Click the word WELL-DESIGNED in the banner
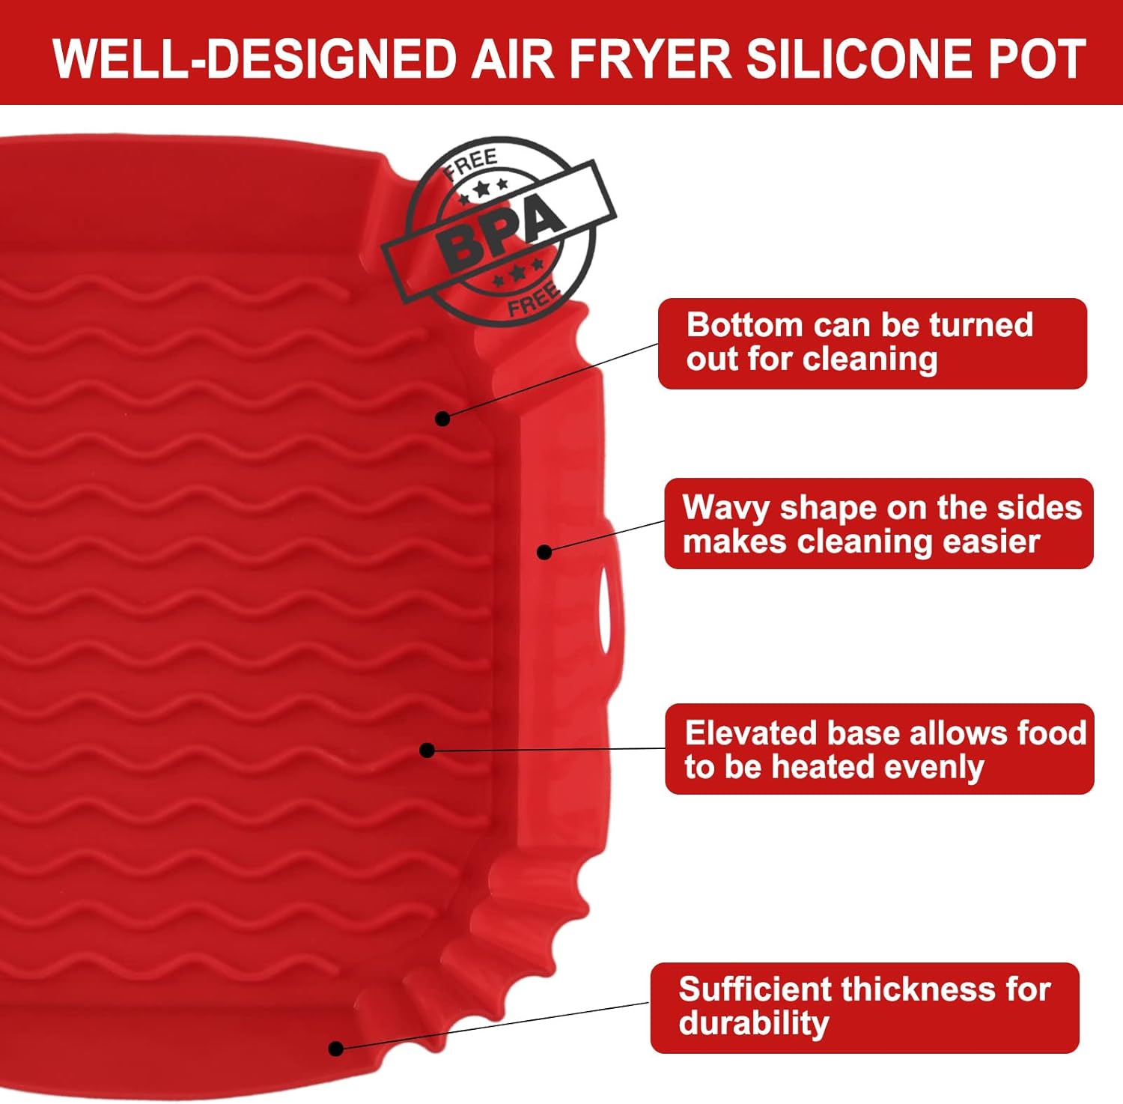tap(255, 60)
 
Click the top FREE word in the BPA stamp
tap(470, 163)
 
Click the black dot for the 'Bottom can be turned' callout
tap(442, 419)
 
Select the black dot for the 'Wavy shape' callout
tap(544, 552)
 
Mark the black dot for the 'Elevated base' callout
tap(427, 750)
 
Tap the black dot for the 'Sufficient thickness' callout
tap(336, 1049)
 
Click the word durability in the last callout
tap(754, 1024)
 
